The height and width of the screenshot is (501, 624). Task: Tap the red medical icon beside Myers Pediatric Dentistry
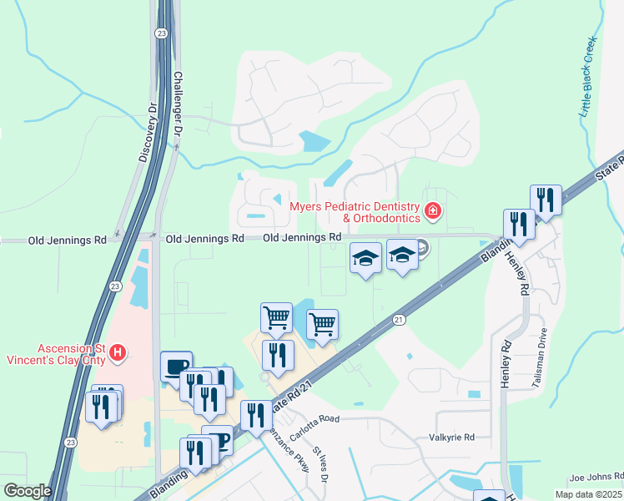432,210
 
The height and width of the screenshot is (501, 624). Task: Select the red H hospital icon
118,352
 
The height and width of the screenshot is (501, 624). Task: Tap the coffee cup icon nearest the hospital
176,366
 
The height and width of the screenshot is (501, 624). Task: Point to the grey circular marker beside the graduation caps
421,246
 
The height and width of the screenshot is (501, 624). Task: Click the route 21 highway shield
399,319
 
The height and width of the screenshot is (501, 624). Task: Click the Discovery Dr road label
148,133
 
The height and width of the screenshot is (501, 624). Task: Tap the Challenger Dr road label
177,104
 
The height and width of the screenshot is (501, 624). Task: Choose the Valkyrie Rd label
450,437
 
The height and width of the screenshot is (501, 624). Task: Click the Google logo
27,491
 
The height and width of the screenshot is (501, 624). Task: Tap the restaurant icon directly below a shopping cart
278,355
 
